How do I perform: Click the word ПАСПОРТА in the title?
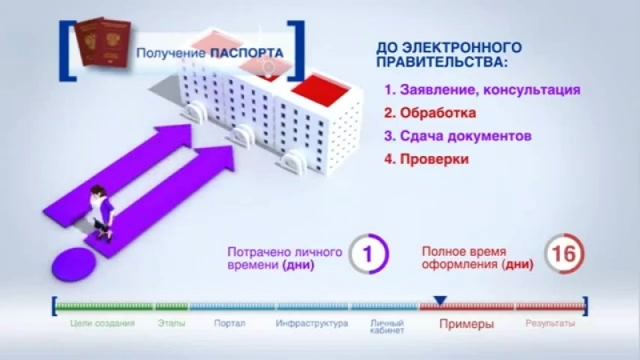pos(246,53)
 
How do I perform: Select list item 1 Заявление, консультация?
pos(482,90)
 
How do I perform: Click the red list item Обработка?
pos(430,113)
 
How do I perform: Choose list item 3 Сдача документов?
pos(458,136)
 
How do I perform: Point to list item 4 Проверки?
pos(426,158)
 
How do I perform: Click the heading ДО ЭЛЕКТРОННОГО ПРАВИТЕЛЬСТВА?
pos(449,54)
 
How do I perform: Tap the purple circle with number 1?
pos(369,254)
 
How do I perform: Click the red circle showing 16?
pos(565,254)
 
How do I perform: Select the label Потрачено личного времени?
pos(285,258)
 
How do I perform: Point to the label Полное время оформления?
pos(478,258)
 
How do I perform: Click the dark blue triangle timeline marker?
pos(441,301)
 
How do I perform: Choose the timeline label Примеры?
pos(466,324)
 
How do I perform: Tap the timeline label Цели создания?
pos(102,323)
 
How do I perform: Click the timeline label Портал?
pos(230,323)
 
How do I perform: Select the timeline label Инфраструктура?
pos(312,324)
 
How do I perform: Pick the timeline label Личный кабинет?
pos(386,327)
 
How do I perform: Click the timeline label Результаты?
pos(550,324)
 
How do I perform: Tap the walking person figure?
pos(102,214)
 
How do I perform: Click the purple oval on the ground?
pos(74,265)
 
